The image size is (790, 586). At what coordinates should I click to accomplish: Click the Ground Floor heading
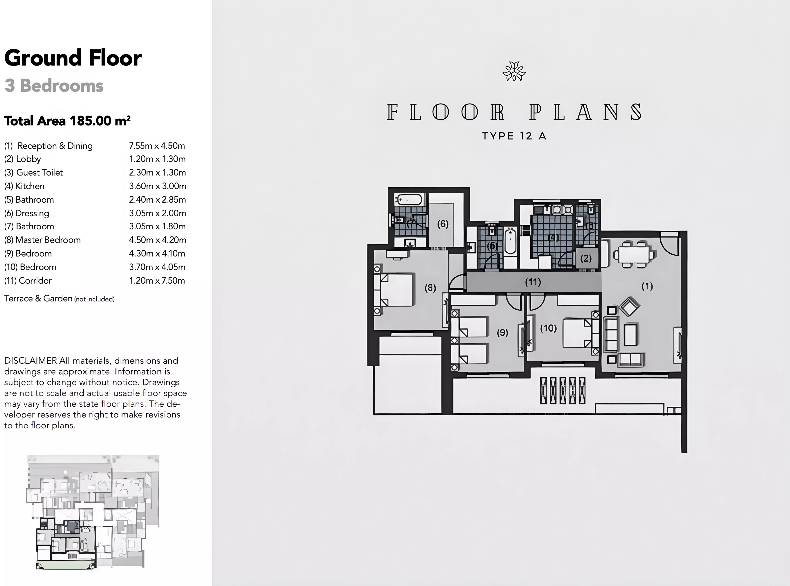[x=73, y=58]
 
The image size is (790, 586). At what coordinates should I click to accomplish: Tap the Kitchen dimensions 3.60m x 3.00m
[x=157, y=186]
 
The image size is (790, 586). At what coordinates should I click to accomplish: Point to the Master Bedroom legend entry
[x=43, y=240]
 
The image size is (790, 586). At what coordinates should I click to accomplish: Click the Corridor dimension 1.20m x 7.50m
[x=157, y=281]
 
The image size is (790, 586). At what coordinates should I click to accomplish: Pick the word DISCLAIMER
[x=31, y=361]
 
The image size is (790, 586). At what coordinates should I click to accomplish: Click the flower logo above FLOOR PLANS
[x=514, y=71]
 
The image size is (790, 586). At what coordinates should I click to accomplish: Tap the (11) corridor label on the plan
[x=533, y=282]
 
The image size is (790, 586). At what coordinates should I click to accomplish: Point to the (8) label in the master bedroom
[x=430, y=288]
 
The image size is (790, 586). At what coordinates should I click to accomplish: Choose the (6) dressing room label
[x=443, y=224]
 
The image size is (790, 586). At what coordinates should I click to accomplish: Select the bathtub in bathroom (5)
[x=510, y=241]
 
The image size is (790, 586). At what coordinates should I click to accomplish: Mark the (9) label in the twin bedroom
[x=502, y=332]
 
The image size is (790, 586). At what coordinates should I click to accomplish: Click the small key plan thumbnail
[x=93, y=512]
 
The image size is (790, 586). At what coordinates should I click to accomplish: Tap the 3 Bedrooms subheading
[x=54, y=86]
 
